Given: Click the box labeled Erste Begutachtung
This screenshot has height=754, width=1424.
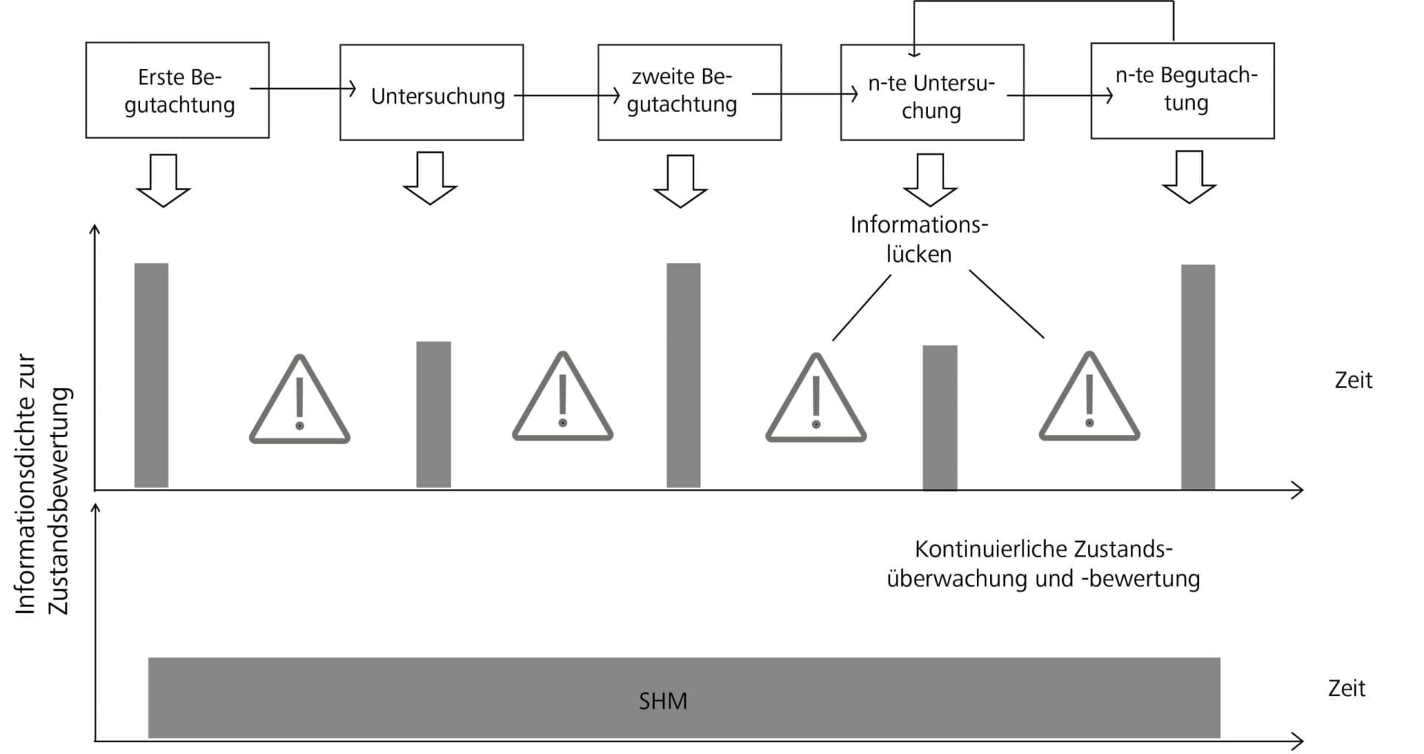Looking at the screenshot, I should pyautogui.click(x=177, y=90).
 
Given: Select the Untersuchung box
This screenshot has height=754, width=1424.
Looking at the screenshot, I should pyautogui.click(x=431, y=93).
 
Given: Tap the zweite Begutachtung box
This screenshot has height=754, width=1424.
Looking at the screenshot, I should pyautogui.click(x=689, y=93).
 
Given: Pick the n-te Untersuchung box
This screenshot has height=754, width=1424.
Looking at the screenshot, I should pyautogui.click(x=932, y=93).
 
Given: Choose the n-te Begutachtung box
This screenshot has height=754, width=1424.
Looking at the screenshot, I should pyautogui.click(x=1182, y=91).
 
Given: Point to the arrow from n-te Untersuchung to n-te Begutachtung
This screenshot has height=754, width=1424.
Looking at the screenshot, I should pyautogui.click(x=1059, y=96).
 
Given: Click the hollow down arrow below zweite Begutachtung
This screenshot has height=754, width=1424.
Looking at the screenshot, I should pyautogui.click(x=680, y=180).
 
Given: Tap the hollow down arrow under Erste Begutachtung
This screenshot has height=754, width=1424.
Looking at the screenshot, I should pyautogui.click(x=163, y=180).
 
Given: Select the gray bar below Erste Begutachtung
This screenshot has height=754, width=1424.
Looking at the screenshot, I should pyautogui.click(x=151, y=375).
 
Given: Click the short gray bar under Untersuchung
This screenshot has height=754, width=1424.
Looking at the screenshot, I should pyautogui.click(x=433, y=414).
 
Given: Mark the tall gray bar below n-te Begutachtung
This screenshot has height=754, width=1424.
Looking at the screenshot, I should pyautogui.click(x=1198, y=377).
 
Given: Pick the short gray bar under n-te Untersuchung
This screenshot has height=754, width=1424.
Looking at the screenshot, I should pyautogui.click(x=940, y=417).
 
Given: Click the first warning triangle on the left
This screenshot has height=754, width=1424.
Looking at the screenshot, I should pyautogui.click(x=299, y=402).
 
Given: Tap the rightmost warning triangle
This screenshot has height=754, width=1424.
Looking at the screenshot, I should pyautogui.click(x=1089, y=400).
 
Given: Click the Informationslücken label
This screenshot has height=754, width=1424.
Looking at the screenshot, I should pyautogui.click(x=919, y=239).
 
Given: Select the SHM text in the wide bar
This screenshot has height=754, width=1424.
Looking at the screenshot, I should pyautogui.click(x=663, y=701).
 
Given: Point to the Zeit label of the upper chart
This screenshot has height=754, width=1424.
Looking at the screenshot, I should pyautogui.click(x=1353, y=380).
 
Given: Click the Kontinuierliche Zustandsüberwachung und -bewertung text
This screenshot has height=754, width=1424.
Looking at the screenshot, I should pyautogui.click(x=1043, y=564).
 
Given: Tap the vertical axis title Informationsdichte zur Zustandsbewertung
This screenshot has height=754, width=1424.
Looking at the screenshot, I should pyautogui.click(x=42, y=484).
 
